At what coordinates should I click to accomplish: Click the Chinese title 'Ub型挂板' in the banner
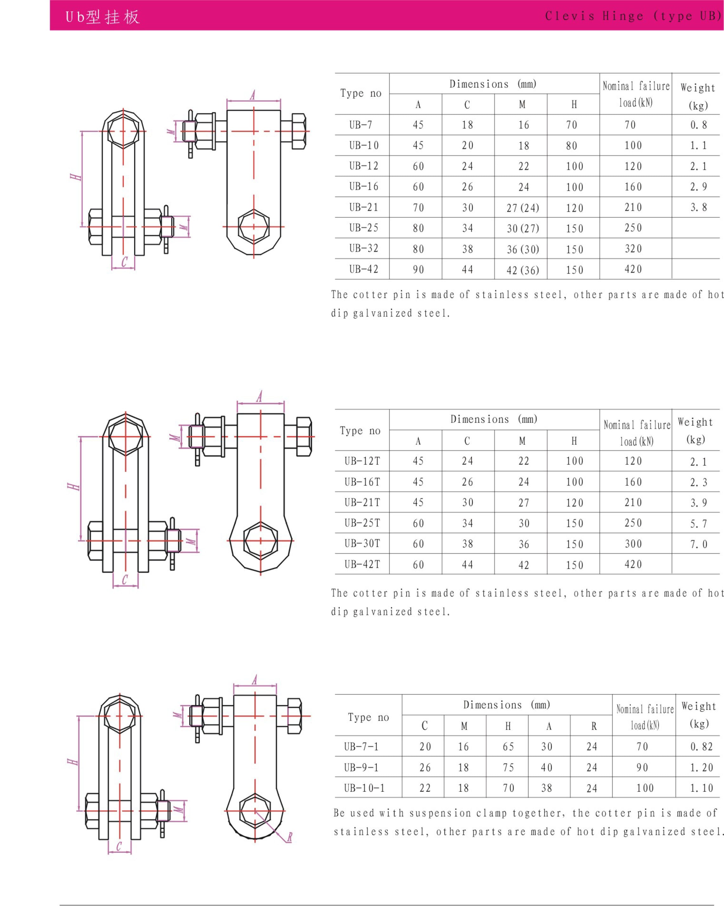pos(102,17)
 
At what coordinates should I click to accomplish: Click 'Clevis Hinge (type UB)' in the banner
pos(633,16)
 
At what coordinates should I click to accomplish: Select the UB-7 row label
pos(361,125)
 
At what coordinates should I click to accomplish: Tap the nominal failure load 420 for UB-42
pos(633,269)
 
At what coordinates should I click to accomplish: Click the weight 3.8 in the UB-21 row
pos(698,207)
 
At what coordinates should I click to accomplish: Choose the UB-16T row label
pos(362,482)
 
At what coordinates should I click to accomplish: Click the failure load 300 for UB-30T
pos(633,544)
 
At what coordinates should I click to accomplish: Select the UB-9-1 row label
pos(361,767)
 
